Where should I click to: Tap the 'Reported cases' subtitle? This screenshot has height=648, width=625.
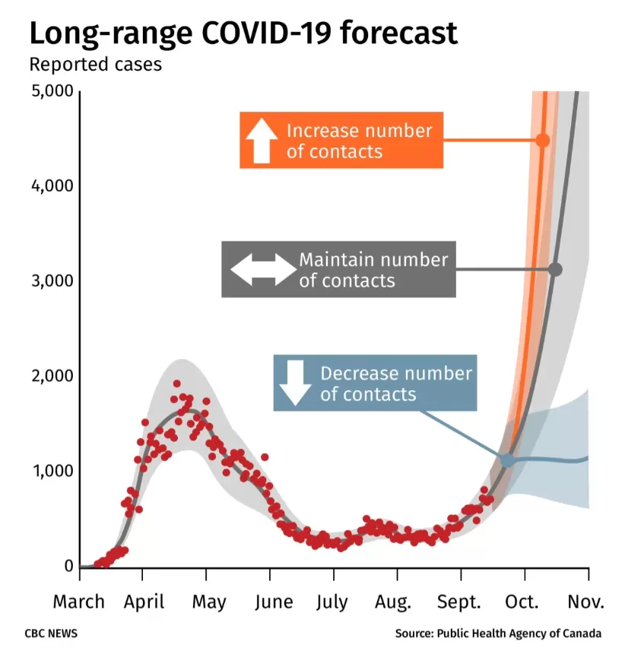click(96, 65)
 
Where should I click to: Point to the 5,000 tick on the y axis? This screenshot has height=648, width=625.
click(52, 91)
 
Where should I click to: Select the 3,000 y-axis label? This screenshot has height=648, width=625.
click(52, 281)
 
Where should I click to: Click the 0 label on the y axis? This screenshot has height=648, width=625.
click(69, 566)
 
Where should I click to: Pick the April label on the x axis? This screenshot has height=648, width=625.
click(144, 602)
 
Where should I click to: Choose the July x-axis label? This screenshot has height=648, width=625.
click(332, 602)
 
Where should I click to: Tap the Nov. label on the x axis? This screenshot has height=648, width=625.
click(585, 602)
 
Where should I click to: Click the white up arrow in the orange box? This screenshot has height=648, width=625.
click(262, 140)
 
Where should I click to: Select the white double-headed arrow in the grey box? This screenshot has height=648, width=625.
click(264, 269)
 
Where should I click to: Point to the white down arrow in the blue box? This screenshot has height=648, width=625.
click(295, 383)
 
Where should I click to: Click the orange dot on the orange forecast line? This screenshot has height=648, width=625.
click(543, 140)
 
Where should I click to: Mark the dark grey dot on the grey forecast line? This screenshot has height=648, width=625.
click(556, 269)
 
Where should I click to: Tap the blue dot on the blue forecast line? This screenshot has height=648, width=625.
click(508, 459)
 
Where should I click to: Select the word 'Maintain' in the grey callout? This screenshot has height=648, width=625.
click(332, 260)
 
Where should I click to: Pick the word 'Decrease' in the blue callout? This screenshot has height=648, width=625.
click(354, 373)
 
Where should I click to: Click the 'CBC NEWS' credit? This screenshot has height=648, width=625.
click(51, 634)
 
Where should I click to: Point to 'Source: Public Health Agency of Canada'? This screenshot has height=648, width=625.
click(498, 634)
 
